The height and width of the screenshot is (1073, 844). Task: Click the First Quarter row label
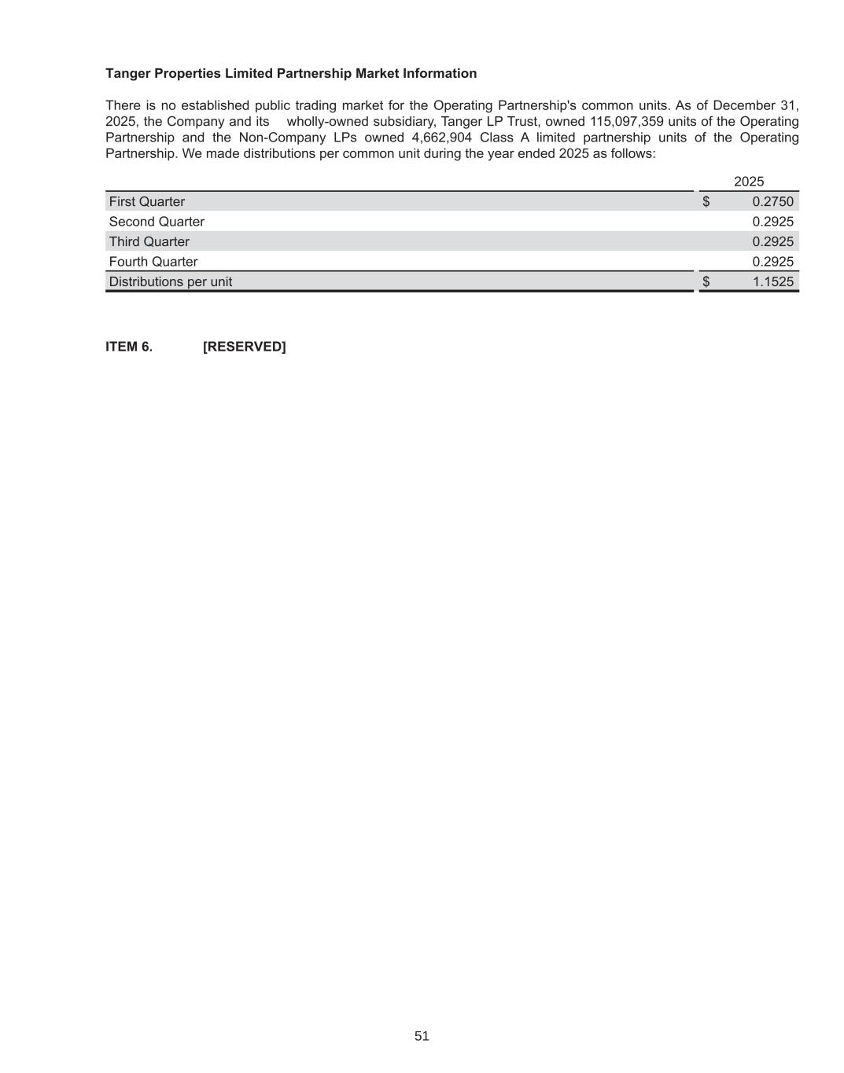pos(147,202)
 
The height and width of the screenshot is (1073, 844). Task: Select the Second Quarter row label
pos(157,222)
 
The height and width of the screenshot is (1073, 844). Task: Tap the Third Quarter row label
pos(149,242)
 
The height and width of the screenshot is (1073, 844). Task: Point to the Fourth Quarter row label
pos(153,262)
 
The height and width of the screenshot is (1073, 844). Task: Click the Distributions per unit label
pos(171,282)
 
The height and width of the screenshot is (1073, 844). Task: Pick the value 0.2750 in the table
pos(772,202)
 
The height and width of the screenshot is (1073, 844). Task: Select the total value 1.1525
pos(772,282)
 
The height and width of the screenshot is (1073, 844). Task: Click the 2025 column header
pos(749,182)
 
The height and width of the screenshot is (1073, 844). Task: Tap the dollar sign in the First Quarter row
pos(706,202)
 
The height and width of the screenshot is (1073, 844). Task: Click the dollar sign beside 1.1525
pos(706,282)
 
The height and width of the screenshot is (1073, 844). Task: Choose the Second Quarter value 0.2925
pos(772,222)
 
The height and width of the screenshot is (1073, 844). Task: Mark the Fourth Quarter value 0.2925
pos(772,262)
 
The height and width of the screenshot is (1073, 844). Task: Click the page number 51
pos(422,1036)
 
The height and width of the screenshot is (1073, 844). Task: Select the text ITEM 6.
pos(129,347)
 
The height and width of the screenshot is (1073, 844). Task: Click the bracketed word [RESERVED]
pos(245,347)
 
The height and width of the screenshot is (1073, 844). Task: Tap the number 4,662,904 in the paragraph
pos(442,138)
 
